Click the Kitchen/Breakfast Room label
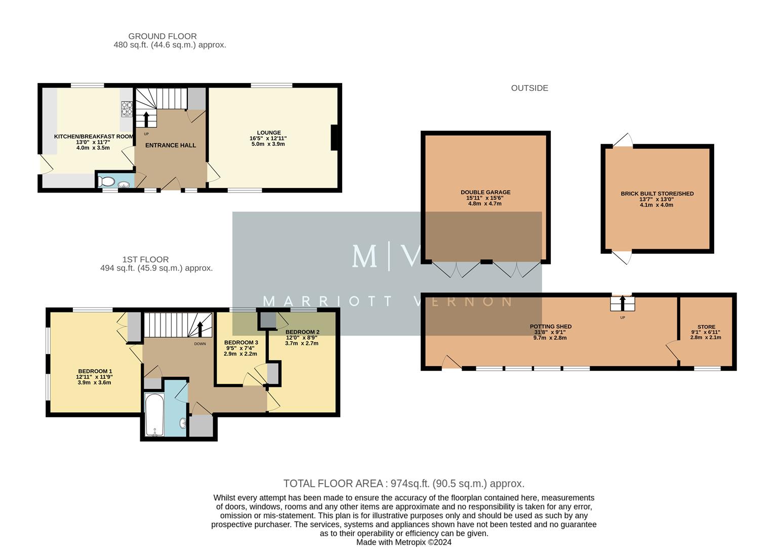94,137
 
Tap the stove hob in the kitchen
127,109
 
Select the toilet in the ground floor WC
107,181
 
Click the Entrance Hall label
171,145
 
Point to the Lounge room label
268,133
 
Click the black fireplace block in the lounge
334,137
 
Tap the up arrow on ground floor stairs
146,119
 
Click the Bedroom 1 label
95,372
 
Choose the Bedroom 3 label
241,343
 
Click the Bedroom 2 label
302,332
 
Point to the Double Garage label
485,192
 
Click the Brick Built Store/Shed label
657,193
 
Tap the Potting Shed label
550,327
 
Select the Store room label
706,327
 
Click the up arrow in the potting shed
623,303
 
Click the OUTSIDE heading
529,88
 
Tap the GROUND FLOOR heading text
162,36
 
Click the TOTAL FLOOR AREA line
403,484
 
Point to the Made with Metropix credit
403,542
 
